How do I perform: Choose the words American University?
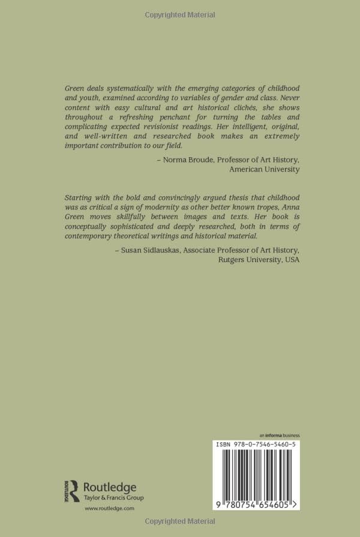[x=265, y=169]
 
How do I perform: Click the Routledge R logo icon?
[x=71, y=490]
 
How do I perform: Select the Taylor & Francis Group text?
[x=113, y=497]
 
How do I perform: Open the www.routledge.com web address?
[x=109, y=508]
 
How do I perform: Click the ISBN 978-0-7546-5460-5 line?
[x=258, y=444]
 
